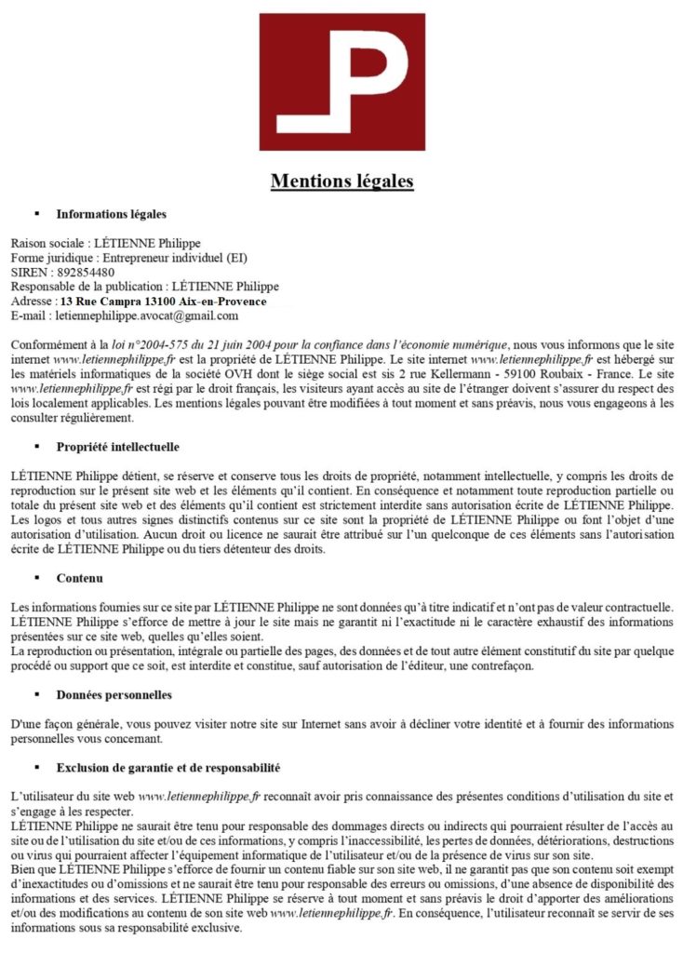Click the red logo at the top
[x=341, y=82]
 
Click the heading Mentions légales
[x=341, y=180]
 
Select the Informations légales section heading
[x=111, y=215]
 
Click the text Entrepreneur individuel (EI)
[x=175, y=258]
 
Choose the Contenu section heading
[x=79, y=578]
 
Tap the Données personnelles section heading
[x=114, y=694]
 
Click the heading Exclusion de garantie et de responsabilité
[x=167, y=768]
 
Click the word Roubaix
[x=543, y=374]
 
